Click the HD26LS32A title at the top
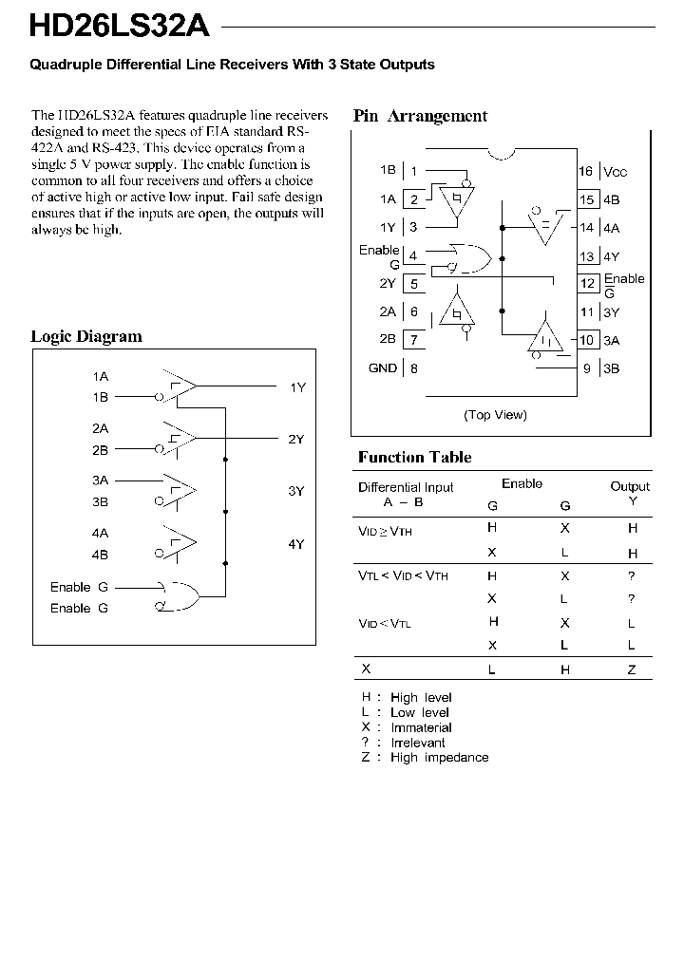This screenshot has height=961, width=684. coord(119,26)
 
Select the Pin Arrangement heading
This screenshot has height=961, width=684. coord(420,116)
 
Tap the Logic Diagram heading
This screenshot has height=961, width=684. coord(86,336)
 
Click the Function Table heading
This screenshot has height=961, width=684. coord(414,457)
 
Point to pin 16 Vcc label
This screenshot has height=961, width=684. coord(603,172)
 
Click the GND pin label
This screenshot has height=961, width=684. coord(383,368)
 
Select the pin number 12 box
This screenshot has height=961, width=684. coord(588,284)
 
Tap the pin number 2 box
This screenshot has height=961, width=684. coord(414,199)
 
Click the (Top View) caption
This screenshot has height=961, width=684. coord(495,415)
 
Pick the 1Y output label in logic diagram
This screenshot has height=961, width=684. coord(297,387)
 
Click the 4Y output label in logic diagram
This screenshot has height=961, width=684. coord(296,544)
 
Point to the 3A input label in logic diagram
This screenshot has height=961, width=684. coord(100,480)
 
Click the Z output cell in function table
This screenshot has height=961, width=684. coord(632,669)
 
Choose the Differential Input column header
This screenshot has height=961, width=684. coord(406,487)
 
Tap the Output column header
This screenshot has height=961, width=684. coord(630,486)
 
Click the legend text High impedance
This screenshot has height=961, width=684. coord(439,758)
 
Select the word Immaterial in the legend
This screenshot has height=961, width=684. coord(421,727)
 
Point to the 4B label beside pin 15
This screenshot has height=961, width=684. coord(611,200)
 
